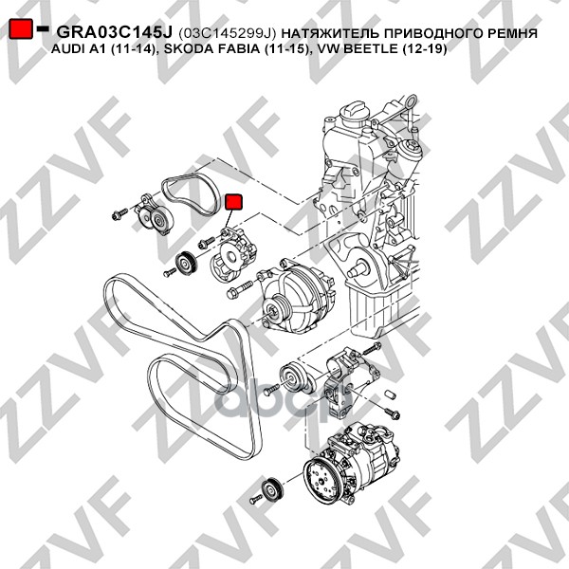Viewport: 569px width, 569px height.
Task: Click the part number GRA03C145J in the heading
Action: coord(115,33)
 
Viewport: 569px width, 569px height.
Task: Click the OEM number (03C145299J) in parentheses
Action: coord(228,33)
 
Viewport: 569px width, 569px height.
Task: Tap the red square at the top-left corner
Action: coord(21,28)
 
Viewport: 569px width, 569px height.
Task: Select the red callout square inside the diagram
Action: coord(233,202)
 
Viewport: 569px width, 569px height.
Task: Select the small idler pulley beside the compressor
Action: coord(273,490)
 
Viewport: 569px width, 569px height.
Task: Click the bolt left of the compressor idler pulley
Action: coord(256,499)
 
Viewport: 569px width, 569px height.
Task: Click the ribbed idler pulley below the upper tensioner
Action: coord(186,264)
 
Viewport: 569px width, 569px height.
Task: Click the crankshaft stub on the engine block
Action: coord(358,269)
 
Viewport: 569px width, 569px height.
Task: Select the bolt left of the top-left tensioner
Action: coord(119,213)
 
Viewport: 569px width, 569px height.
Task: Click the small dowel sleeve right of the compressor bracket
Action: coord(389,395)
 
